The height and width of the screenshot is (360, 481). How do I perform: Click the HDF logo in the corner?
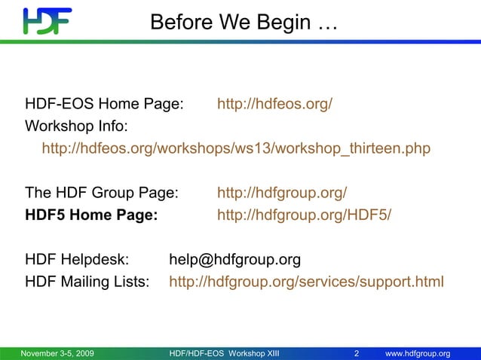pyautogui.click(x=47, y=22)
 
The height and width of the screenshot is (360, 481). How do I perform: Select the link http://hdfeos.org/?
pyautogui.click(x=274, y=104)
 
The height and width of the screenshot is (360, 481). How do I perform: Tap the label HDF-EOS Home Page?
pyautogui.click(x=104, y=104)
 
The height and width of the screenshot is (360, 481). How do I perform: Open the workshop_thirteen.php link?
pyautogui.click(x=236, y=148)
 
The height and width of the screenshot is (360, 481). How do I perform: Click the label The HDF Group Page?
pyautogui.click(x=102, y=193)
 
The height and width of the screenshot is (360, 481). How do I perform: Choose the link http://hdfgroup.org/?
pyautogui.click(x=282, y=193)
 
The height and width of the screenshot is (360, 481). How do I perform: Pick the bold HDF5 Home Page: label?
pyautogui.click(x=91, y=215)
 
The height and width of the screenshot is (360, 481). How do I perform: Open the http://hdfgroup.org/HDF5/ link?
pyautogui.click(x=304, y=215)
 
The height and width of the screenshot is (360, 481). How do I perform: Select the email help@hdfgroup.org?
pyautogui.click(x=234, y=260)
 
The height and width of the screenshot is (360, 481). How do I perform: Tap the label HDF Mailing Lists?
pyautogui.click(x=87, y=282)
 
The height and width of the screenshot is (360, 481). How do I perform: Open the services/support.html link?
pyautogui.click(x=306, y=282)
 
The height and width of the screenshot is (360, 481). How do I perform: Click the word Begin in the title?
pyautogui.click(x=283, y=23)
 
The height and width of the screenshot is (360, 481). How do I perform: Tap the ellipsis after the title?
pyautogui.click(x=328, y=24)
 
